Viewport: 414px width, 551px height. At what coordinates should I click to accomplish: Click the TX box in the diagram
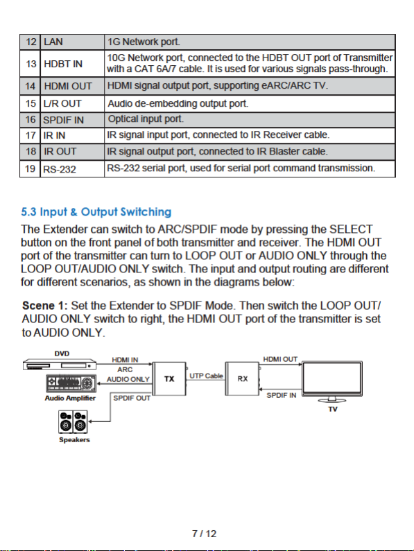pyautogui.click(x=169, y=379)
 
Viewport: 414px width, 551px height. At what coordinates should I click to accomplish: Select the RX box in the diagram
pyautogui.click(x=242, y=378)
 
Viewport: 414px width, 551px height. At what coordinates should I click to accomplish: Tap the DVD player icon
pyautogui.click(x=60, y=365)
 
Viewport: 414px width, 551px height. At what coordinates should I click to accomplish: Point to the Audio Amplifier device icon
pyautogui.click(x=71, y=383)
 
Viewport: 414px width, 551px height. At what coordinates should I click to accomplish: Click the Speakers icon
pyautogui.click(x=73, y=421)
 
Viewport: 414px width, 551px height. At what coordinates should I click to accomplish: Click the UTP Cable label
pyautogui.click(x=206, y=376)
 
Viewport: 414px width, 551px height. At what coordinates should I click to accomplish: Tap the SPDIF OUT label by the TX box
pyautogui.click(x=132, y=398)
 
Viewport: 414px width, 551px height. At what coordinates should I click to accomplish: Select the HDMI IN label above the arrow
pyautogui.click(x=125, y=360)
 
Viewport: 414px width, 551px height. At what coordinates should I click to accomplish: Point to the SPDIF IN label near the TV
pyautogui.click(x=282, y=395)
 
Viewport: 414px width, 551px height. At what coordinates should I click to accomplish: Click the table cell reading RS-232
pyautogui.click(x=60, y=169)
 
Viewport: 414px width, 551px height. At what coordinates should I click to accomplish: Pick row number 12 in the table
pyautogui.click(x=31, y=42)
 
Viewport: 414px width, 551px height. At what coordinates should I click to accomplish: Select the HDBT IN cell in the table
pyautogui.click(x=63, y=64)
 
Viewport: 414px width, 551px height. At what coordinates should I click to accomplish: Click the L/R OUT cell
pyautogui.click(x=62, y=103)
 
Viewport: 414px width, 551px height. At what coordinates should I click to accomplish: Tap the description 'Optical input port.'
pyautogui.click(x=146, y=119)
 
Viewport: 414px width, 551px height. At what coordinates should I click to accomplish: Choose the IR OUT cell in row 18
pyautogui.click(x=60, y=152)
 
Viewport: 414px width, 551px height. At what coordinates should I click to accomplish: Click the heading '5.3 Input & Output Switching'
pyautogui.click(x=96, y=212)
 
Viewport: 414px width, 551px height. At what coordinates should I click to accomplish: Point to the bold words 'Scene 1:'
pyautogui.click(x=44, y=306)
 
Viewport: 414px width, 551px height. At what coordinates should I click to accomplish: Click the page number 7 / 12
pyautogui.click(x=205, y=534)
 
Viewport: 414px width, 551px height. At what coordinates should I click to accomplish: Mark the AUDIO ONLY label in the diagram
pyautogui.click(x=128, y=379)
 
